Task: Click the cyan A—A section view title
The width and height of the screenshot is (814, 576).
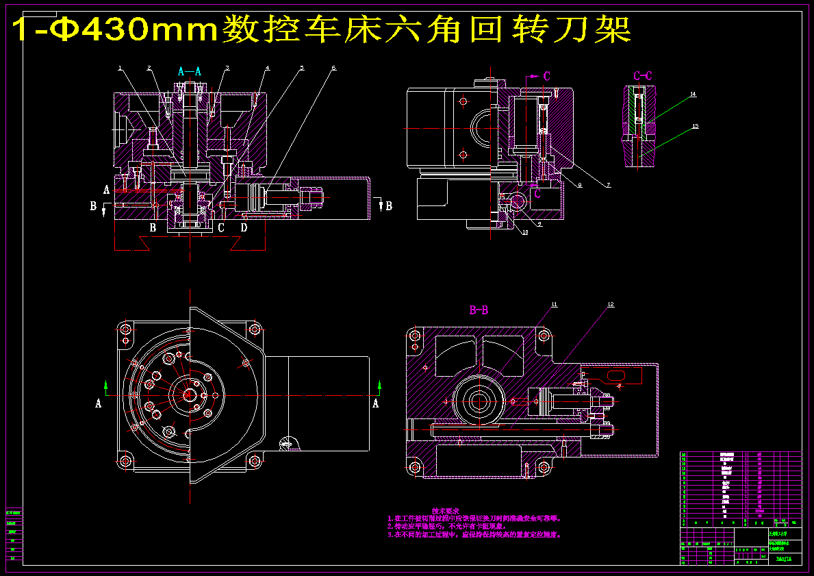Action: (x=190, y=71)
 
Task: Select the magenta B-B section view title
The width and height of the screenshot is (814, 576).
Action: (x=479, y=310)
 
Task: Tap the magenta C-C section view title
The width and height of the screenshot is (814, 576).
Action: (x=642, y=75)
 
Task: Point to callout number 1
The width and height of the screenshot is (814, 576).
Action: (x=120, y=68)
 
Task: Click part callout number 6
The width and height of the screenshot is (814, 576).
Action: (x=333, y=68)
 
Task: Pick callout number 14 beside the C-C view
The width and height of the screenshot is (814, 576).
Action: (x=693, y=94)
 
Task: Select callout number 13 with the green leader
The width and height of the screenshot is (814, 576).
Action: (x=695, y=127)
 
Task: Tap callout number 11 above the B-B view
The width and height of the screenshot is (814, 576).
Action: (x=555, y=303)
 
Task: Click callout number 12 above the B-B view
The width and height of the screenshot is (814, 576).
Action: (x=611, y=303)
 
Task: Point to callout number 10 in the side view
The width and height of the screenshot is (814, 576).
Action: (x=525, y=232)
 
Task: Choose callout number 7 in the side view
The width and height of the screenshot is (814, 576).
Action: (x=607, y=185)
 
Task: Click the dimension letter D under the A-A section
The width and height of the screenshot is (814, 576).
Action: (x=244, y=227)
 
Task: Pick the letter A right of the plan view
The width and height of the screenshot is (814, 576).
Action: (x=375, y=403)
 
